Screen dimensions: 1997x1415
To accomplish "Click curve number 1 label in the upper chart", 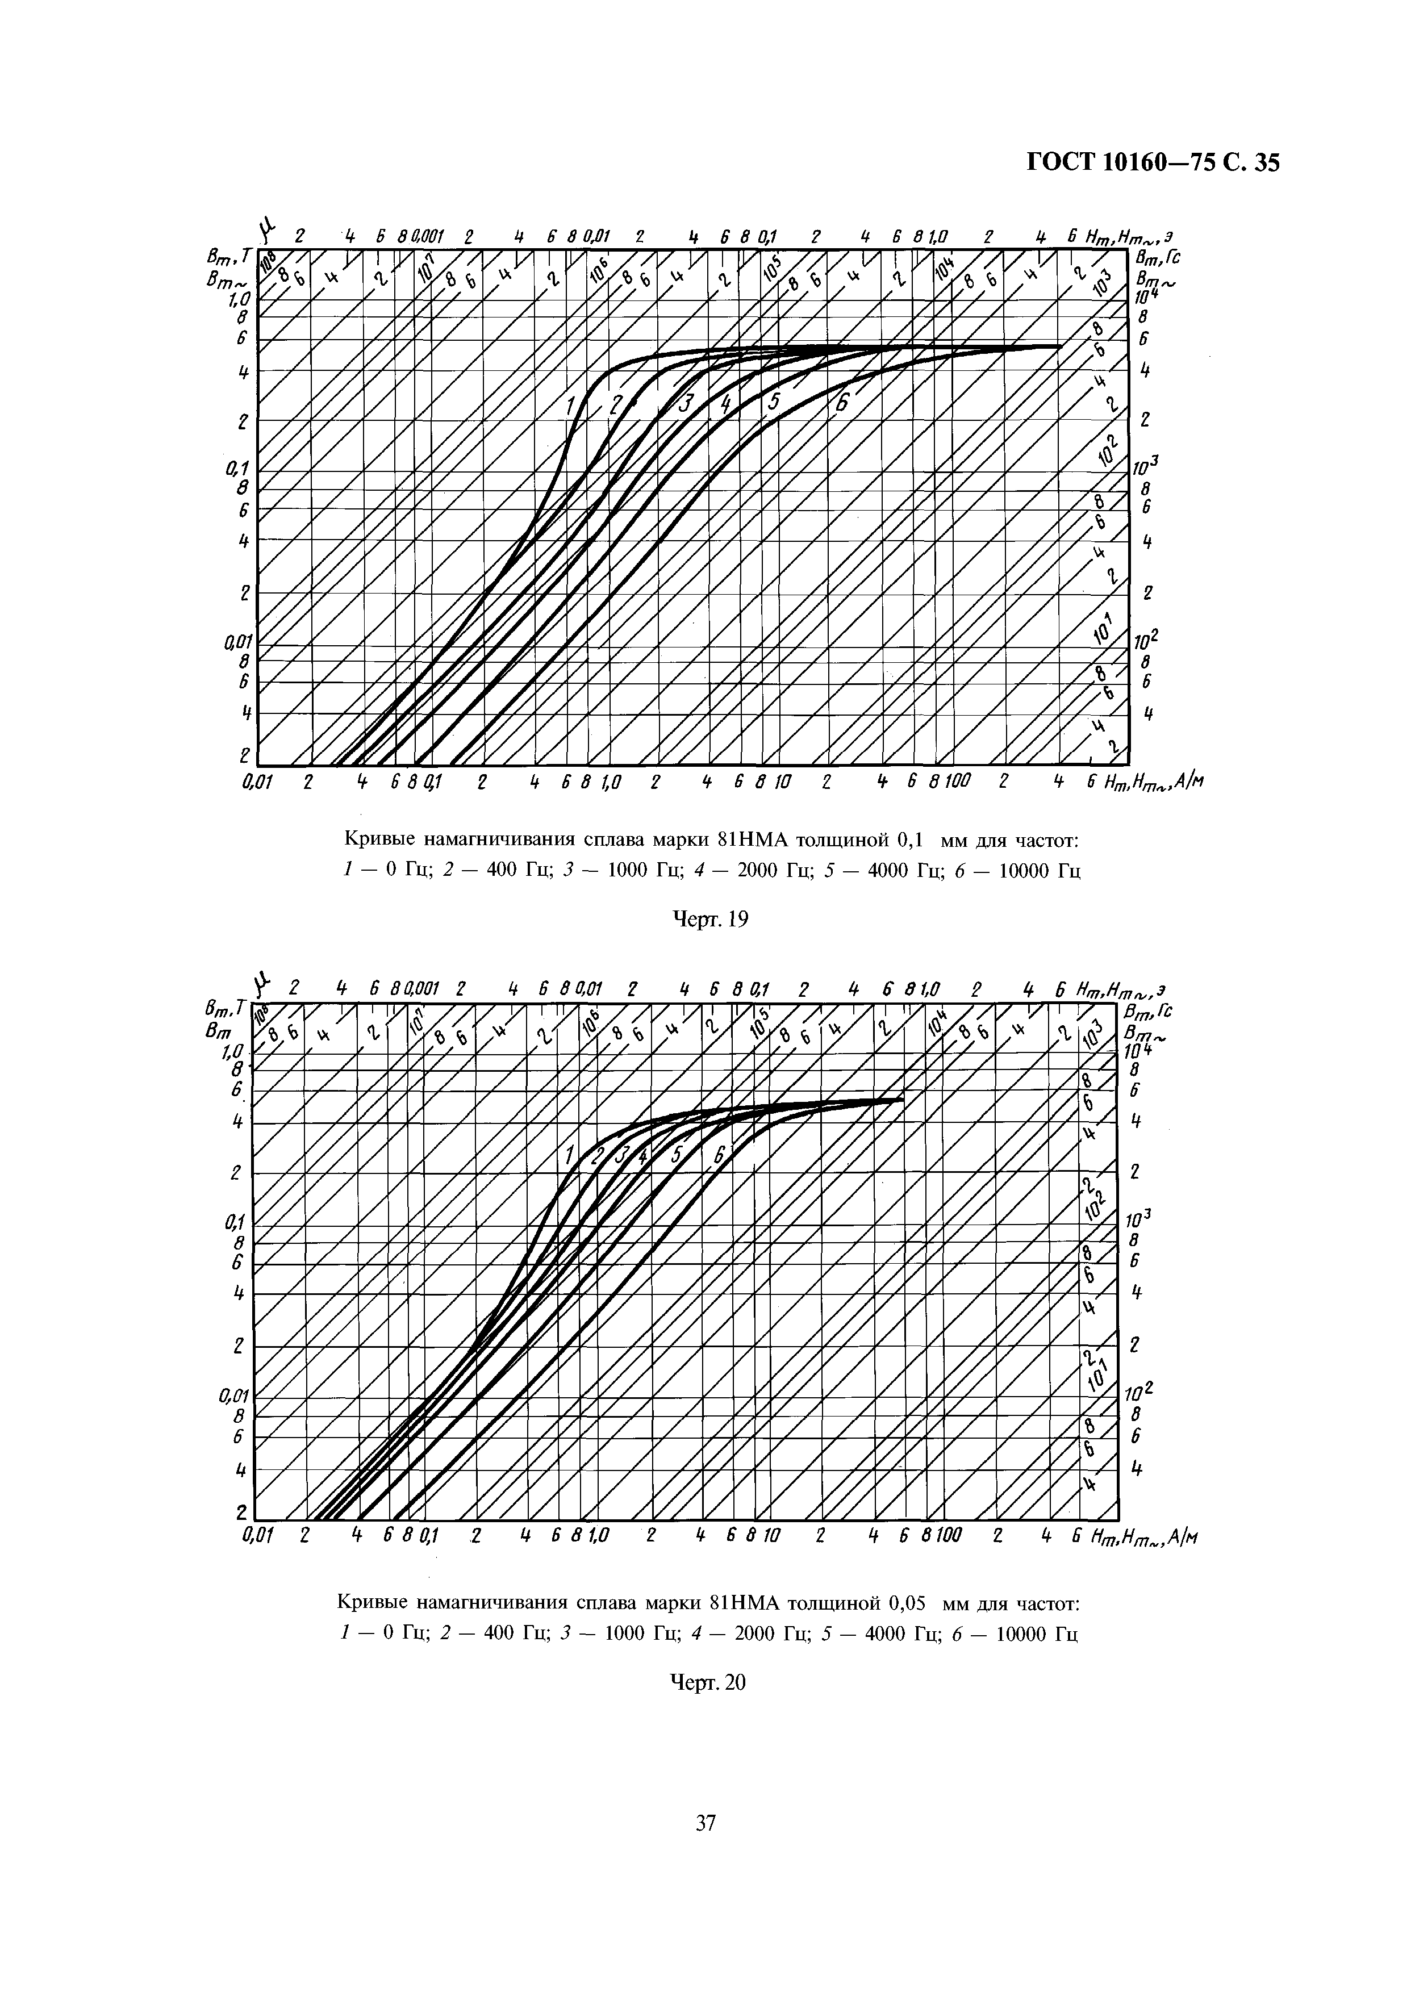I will coord(571,405).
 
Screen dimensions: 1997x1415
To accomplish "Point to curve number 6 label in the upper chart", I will coord(842,403).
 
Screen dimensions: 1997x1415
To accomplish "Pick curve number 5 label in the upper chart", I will coord(774,403).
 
